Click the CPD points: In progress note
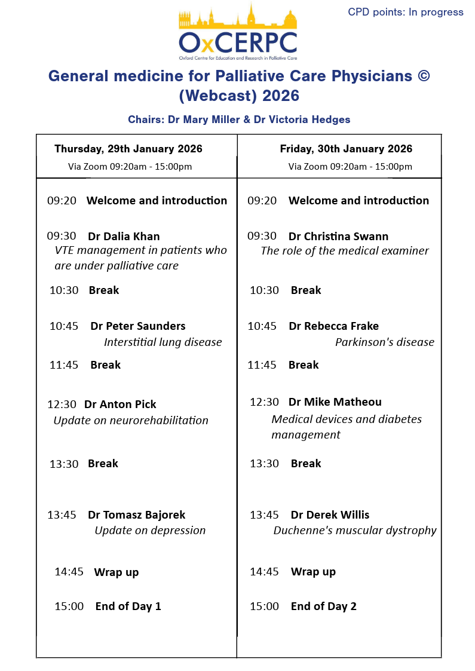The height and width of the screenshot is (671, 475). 405,12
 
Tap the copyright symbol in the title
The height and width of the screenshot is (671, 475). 422,76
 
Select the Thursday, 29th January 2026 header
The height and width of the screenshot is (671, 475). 128,149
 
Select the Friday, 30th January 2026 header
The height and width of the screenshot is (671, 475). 346,149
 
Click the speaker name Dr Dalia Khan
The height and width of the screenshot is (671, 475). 124,236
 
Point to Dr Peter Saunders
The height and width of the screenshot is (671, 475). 138,326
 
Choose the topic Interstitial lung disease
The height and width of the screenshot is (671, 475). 163,342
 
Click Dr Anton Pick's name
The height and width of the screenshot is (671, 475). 120,404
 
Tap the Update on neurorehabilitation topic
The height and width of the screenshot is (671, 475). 131,420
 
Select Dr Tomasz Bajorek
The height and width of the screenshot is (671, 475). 136,514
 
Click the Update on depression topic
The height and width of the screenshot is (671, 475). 150,530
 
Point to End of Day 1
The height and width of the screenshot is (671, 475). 128,606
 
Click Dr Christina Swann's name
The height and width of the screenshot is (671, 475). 338,236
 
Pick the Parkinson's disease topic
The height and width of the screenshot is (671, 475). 384,342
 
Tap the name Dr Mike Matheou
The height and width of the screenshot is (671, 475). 335,402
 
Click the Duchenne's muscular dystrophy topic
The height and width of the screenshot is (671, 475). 355,530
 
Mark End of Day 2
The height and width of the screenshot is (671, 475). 323,606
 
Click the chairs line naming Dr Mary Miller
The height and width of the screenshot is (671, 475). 239,120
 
